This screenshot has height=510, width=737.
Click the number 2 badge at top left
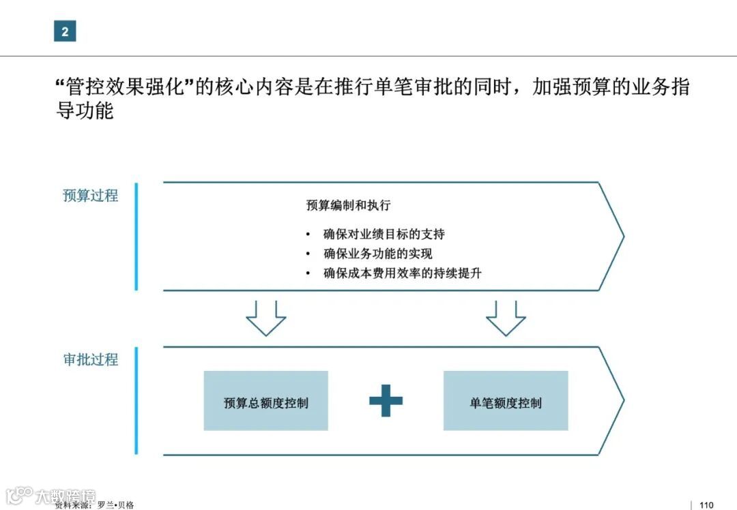pyautogui.click(x=65, y=31)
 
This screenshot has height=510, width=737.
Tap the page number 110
pyautogui.click(x=706, y=505)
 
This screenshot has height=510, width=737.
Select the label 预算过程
pyautogui.click(x=90, y=196)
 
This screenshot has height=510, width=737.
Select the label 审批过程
pyautogui.click(x=90, y=359)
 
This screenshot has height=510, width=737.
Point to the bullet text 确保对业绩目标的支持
pyautogui.click(x=384, y=235)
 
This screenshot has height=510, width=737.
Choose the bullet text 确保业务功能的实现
pyautogui.click(x=378, y=254)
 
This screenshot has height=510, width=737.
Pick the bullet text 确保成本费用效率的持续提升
pyautogui.click(x=403, y=273)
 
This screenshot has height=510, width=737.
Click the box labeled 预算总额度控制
pyautogui.click(x=265, y=401)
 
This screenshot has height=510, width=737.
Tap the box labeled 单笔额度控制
pyautogui.click(x=506, y=401)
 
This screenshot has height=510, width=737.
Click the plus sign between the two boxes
pyautogui.click(x=386, y=400)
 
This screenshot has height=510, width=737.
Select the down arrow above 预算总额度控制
pyautogui.click(x=265, y=318)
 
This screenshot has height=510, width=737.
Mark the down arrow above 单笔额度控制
pyautogui.click(x=506, y=318)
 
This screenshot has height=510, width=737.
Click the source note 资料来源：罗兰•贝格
pyautogui.click(x=95, y=505)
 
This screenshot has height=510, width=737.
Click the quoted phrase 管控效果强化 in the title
pyautogui.click(x=124, y=88)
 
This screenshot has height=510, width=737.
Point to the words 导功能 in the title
pyautogui.click(x=85, y=111)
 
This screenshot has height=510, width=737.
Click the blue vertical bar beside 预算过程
pyautogui.click(x=136, y=236)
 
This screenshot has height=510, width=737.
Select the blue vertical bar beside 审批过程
pyautogui.click(x=136, y=400)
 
